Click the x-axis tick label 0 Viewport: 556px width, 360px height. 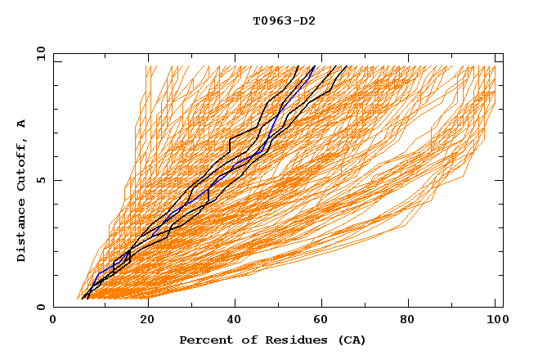pyautogui.click(x=53, y=321)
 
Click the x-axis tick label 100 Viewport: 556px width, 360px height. pyautogui.click(x=495, y=321)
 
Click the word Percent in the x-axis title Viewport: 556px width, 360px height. pyautogui.click(x=204, y=340)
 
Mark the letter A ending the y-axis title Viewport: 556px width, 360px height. pyautogui.click(x=22, y=123)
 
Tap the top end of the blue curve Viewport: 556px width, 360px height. pyautogui.click(x=313, y=66)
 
